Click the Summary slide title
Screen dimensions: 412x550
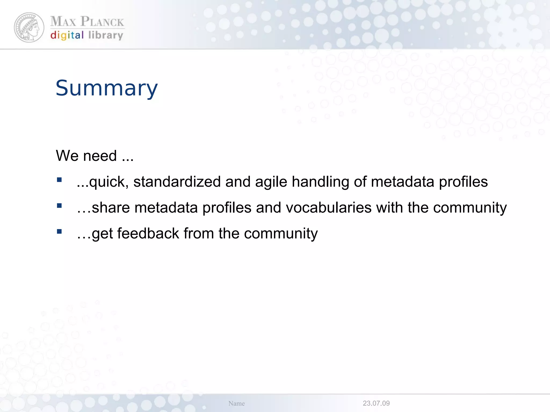coord(107,88)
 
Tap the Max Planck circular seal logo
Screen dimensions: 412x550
coord(29,27)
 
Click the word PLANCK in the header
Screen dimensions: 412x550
coord(102,22)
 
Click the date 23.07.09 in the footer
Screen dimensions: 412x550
coord(376,403)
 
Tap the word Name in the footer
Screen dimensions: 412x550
coord(236,403)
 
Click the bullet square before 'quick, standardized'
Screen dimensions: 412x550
coord(59,180)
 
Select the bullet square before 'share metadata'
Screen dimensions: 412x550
coord(59,206)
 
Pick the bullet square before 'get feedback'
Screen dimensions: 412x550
coord(59,231)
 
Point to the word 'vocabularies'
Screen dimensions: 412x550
coord(328,208)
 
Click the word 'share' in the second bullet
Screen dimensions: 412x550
coord(111,208)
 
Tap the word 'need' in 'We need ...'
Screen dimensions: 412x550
coord(100,156)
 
